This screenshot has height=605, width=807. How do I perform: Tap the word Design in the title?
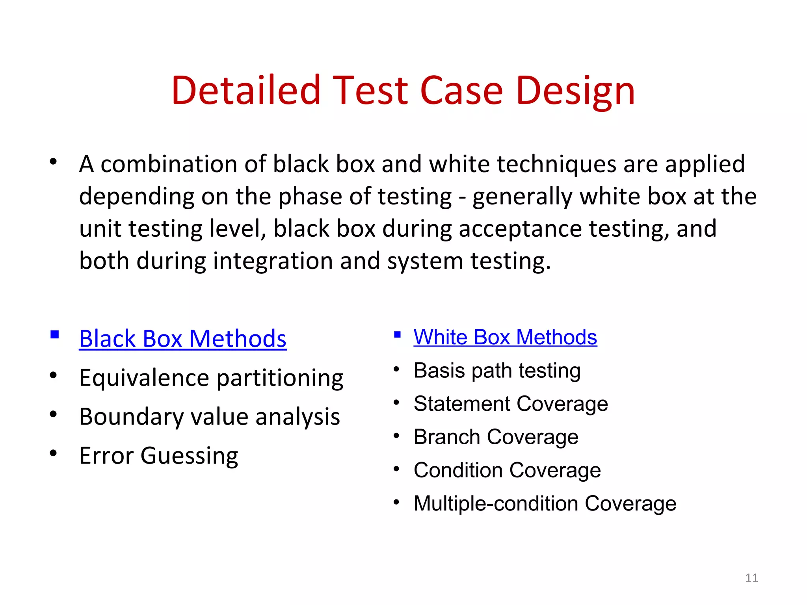tap(575, 91)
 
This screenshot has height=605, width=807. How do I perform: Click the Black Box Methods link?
tap(182, 339)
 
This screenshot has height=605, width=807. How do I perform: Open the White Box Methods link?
tap(505, 337)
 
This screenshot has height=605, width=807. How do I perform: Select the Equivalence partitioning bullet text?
tap(211, 378)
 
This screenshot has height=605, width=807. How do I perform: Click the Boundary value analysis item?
tap(209, 417)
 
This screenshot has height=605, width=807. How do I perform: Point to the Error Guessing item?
tap(158, 456)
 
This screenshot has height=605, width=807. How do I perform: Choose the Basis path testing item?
tap(497, 371)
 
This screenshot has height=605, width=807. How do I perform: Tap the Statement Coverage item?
tap(511, 404)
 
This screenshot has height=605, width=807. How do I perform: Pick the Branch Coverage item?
tap(496, 437)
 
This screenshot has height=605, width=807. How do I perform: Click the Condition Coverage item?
tap(507, 470)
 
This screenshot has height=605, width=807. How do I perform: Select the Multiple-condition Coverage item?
tap(545, 504)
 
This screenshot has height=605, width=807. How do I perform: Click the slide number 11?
tap(751, 578)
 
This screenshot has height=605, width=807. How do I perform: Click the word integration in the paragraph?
tap(273, 261)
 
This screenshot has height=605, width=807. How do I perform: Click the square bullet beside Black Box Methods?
tap(55, 335)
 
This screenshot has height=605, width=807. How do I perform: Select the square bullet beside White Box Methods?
tap(397, 335)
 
